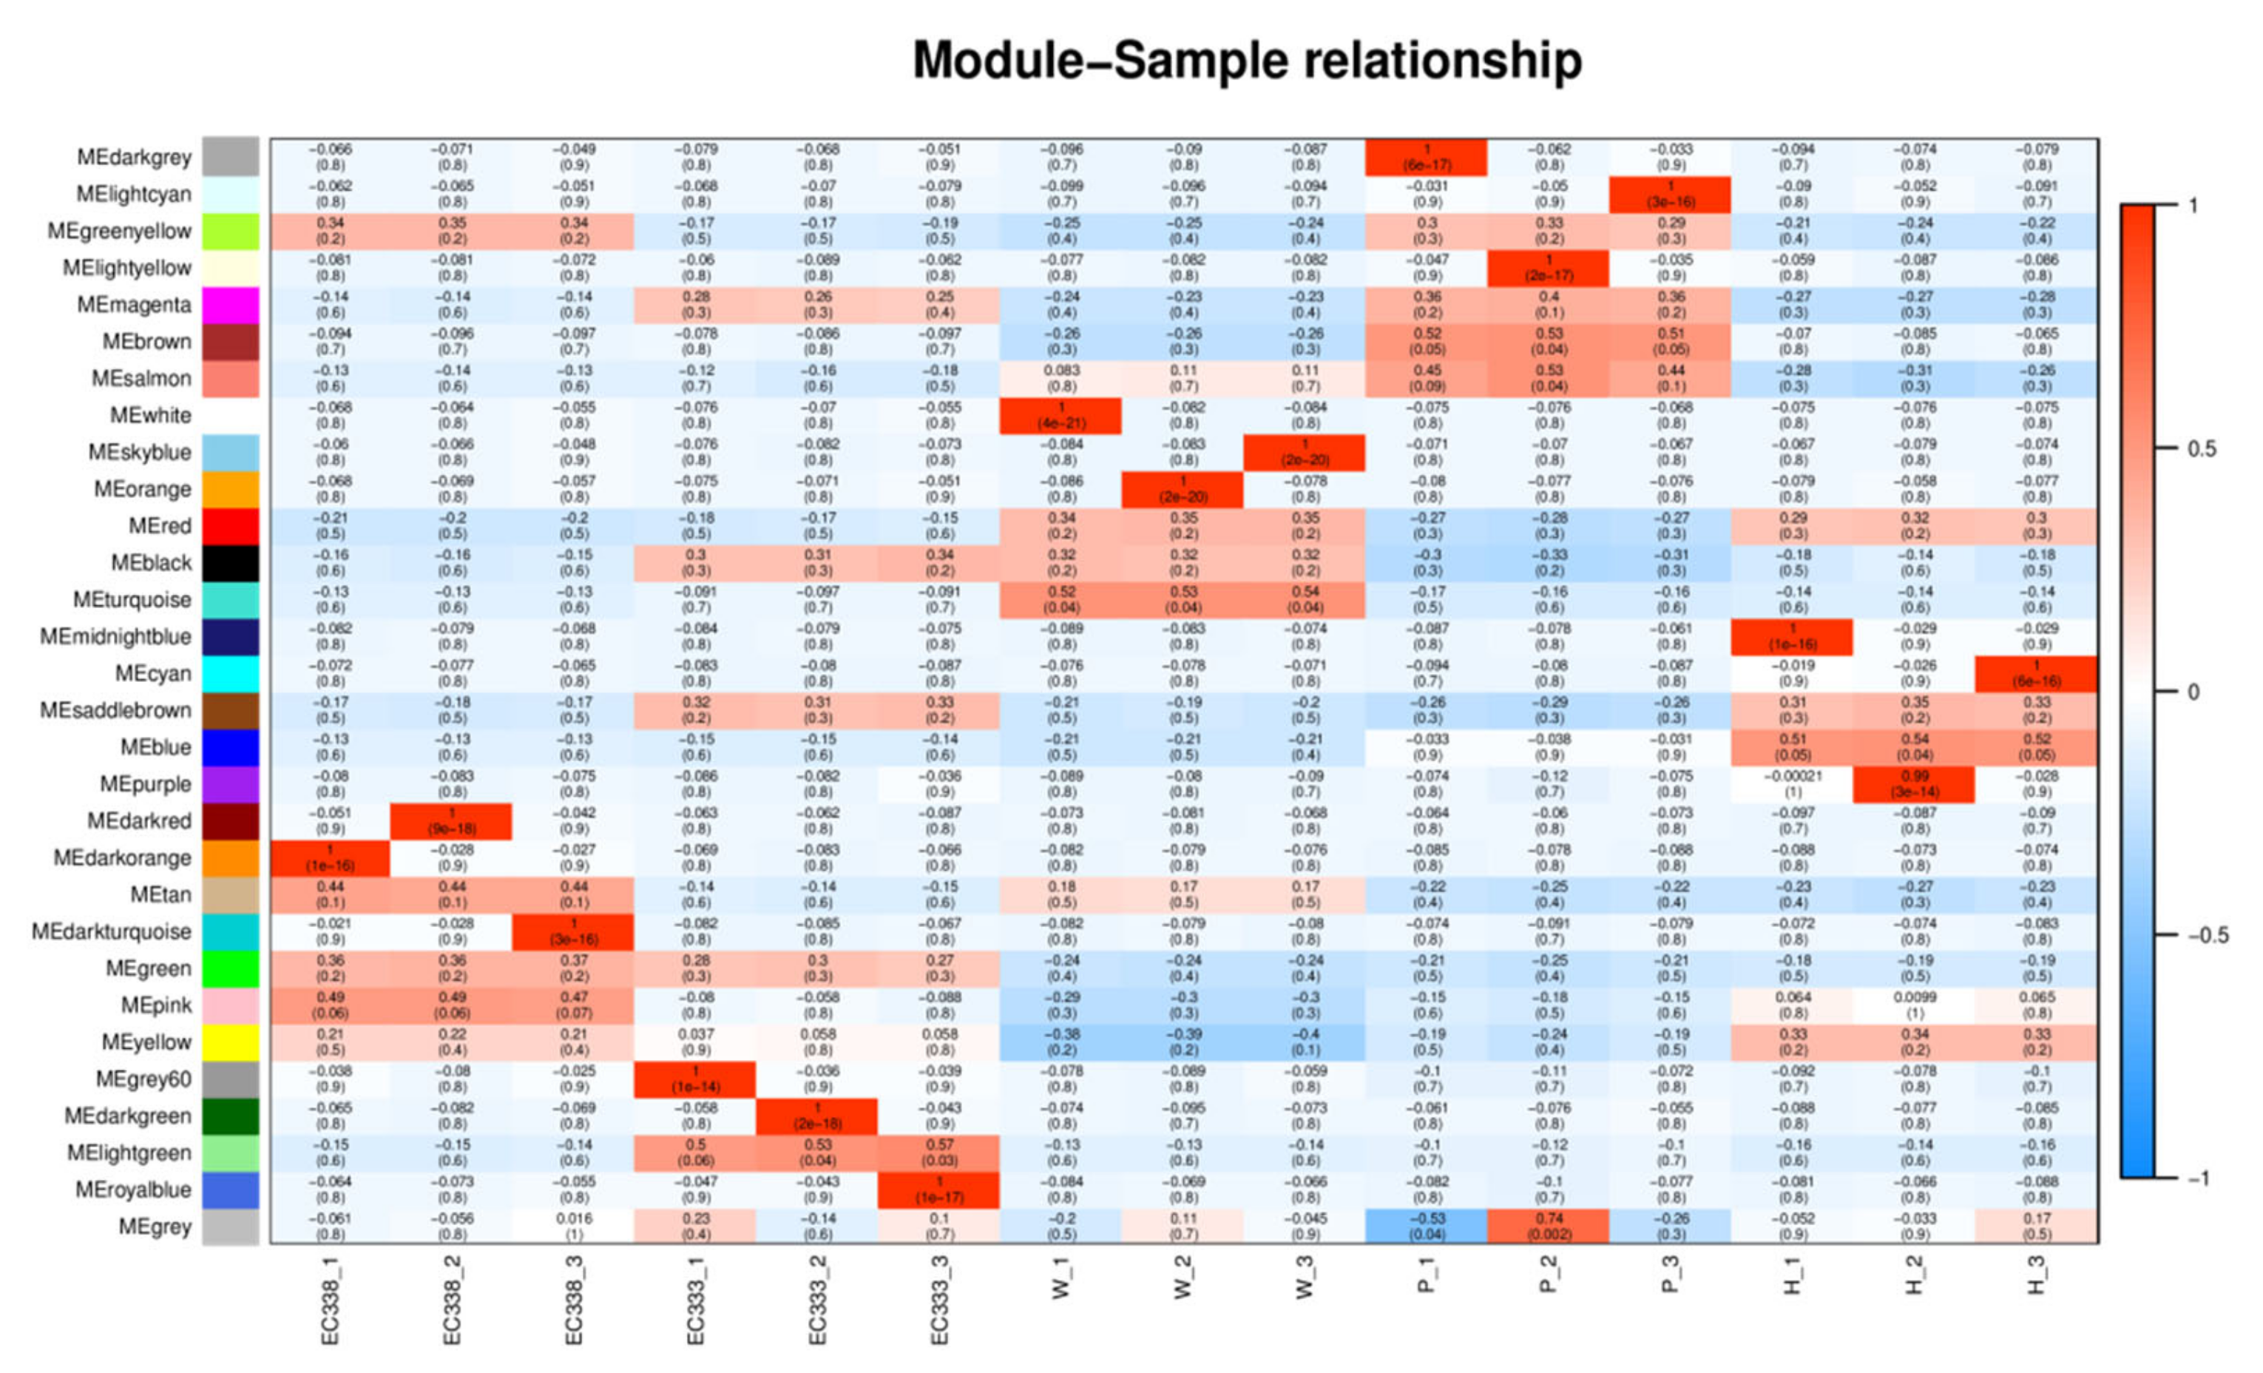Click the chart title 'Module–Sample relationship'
[1246, 61]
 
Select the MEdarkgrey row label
[134, 157]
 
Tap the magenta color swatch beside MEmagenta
[231, 305]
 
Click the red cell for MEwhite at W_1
[1061, 415]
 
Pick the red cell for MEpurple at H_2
[1913, 784]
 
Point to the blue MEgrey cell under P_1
[1427, 1226]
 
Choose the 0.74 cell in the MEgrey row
[1549, 1226]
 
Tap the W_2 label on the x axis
[1183, 1278]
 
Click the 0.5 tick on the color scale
[2202, 449]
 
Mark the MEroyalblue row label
[133, 1190]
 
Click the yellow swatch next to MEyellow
[231, 1042]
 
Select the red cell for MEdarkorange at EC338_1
[330, 858]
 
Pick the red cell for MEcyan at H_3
[2036, 673]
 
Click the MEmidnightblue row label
[115, 636]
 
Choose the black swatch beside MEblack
[231, 563]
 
